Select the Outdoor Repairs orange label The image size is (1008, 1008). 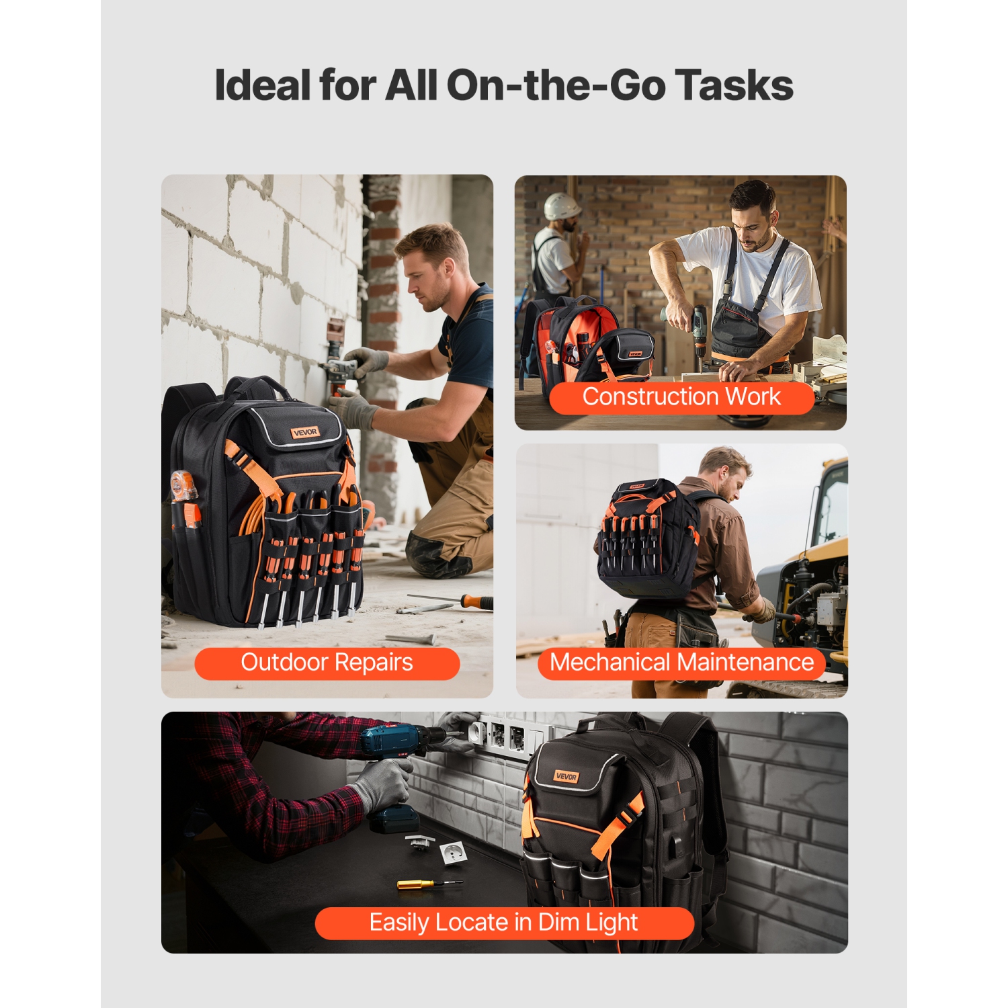[327, 663]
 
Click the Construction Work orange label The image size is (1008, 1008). [681, 397]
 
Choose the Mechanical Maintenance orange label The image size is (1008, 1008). [681, 663]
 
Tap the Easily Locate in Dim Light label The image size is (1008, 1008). [503, 923]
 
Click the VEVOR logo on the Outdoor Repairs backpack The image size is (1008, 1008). [305, 432]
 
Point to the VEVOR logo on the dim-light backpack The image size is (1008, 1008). [566, 777]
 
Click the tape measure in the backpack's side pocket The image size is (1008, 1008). [183, 487]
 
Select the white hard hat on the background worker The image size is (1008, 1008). [562, 206]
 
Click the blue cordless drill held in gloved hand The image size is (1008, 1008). [393, 746]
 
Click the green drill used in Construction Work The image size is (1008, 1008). [699, 329]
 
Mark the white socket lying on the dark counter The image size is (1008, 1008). [450, 852]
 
